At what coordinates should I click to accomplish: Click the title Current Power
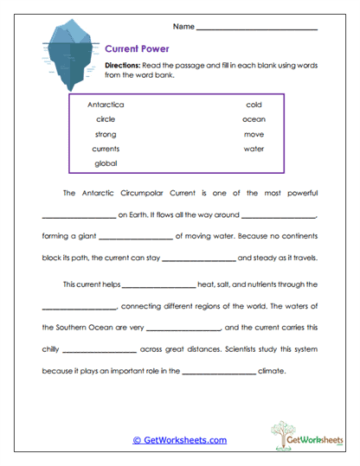click(137, 49)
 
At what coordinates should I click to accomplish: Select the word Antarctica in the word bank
click(106, 104)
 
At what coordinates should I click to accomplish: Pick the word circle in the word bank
click(106, 119)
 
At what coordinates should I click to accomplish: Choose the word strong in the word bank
click(106, 134)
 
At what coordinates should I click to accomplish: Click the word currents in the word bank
click(106, 149)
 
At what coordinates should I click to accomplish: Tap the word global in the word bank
click(106, 163)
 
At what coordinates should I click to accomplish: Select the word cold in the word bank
click(254, 104)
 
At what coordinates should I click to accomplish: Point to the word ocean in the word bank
click(254, 119)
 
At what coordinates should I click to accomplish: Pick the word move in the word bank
click(254, 134)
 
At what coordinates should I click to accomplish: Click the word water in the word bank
click(254, 149)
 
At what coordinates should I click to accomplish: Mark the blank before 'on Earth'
click(78, 214)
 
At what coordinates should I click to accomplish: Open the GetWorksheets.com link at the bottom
click(179, 440)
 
